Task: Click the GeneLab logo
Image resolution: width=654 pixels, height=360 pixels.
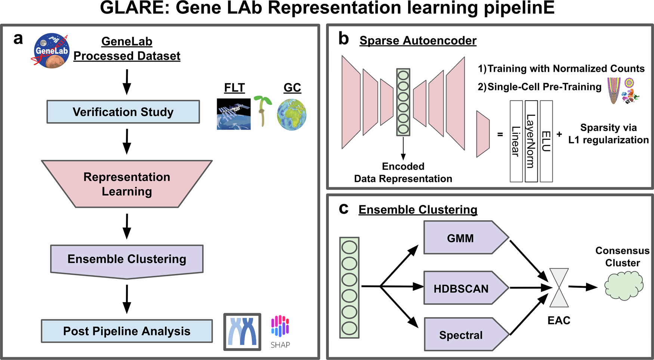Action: pos(51,51)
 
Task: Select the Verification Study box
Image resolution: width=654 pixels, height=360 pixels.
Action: pos(123,112)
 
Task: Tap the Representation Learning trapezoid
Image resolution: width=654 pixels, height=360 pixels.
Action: pos(127,184)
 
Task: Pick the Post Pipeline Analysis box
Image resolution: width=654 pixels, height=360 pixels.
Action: pos(127,331)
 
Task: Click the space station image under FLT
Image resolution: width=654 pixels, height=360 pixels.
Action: pos(234,114)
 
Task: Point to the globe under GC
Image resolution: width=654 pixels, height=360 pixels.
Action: pos(291,114)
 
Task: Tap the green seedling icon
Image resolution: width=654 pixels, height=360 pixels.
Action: pos(263,111)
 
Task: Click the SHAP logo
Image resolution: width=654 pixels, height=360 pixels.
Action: pos(280,331)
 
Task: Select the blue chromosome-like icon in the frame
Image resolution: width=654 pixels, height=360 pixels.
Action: pos(242,332)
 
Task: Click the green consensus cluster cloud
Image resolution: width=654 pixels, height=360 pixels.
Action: pos(624,286)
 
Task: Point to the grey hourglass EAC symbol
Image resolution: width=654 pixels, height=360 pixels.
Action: pos(559,287)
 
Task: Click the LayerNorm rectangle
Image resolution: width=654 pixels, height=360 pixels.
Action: pos(531,141)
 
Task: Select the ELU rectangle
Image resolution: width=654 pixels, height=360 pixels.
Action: pos(546,141)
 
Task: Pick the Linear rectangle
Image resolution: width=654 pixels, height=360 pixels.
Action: pos(516,141)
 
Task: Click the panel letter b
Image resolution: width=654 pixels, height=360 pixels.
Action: pos(343,39)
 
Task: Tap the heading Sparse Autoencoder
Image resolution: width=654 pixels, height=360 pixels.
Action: pos(418,40)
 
